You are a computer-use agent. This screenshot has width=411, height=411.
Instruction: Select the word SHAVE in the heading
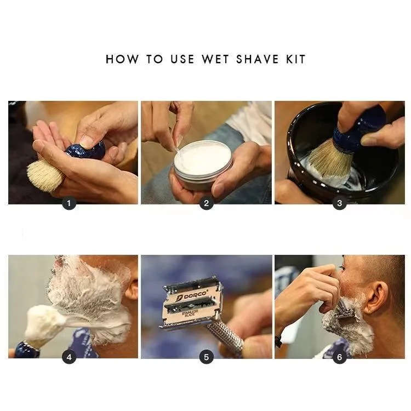tap(258, 59)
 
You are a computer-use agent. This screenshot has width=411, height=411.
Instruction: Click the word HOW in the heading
tap(122, 59)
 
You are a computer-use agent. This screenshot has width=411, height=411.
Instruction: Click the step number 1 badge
tap(69, 203)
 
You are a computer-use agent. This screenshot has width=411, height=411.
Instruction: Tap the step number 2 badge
tap(206, 203)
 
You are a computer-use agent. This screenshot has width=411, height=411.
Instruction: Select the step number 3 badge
tap(339, 203)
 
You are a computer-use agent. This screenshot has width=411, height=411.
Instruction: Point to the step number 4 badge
tap(69, 357)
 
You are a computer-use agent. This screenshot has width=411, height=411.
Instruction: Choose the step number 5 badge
tap(206, 357)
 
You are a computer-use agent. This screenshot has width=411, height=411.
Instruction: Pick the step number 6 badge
tap(339, 357)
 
